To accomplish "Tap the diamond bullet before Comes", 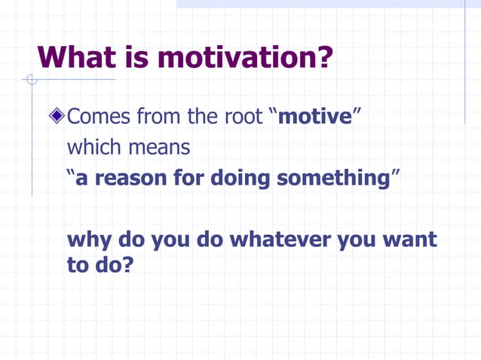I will click(x=57, y=117).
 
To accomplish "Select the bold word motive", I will click(x=314, y=117).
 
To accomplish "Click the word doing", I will click(x=240, y=178).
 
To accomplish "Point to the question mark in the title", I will click(x=325, y=57).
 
